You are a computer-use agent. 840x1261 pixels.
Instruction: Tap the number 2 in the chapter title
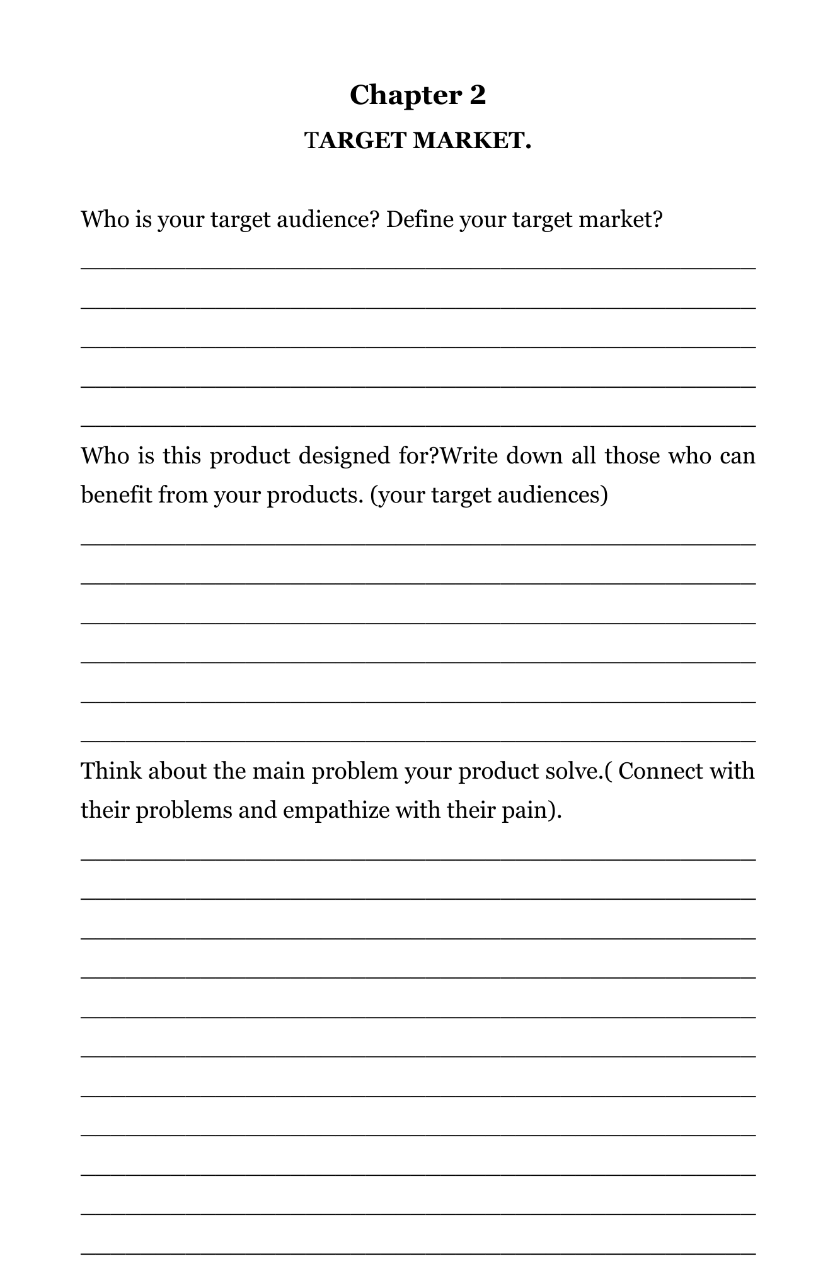pos(478,96)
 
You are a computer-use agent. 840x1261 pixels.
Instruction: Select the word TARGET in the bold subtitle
pos(355,141)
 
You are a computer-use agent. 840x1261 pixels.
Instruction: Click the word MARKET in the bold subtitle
pos(468,141)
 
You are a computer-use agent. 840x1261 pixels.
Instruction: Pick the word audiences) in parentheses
pos(553,495)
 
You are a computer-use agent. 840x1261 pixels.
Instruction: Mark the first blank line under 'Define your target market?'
pos(418,268)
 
